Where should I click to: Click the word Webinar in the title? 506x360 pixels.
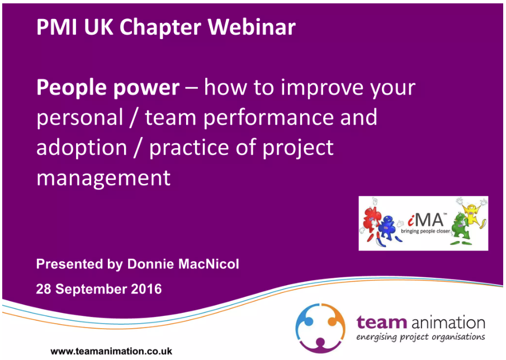(252, 27)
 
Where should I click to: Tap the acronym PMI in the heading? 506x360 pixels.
(57, 27)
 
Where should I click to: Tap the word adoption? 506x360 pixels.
(82, 148)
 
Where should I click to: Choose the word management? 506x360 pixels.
(103, 179)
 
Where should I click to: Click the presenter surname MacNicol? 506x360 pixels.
(209, 264)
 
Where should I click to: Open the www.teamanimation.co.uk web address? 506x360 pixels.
(111, 351)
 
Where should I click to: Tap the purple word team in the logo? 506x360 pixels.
(381, 323)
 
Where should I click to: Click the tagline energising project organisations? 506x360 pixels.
(420, 338)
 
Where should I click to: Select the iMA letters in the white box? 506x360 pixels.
(425, 220)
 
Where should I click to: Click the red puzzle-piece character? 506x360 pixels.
(372, 222)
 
